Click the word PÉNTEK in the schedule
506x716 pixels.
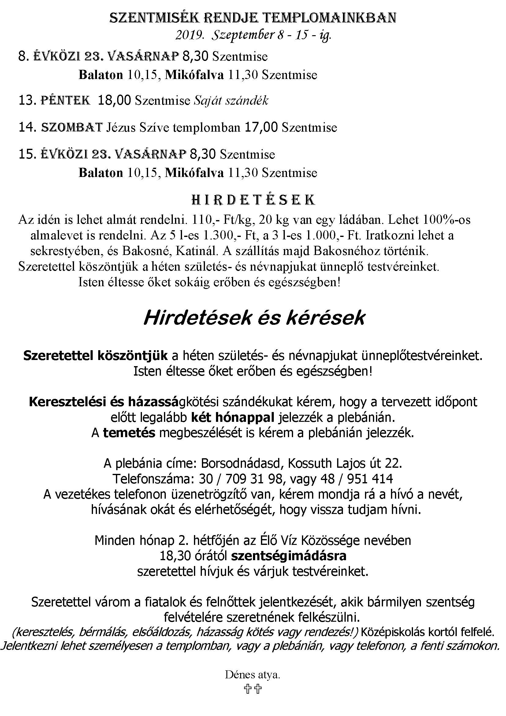point(65,101)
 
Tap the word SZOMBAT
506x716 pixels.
point(72,128)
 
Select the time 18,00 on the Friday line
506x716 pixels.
point(114,101)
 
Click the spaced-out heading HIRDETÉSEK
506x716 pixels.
point(253,200)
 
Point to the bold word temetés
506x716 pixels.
point(129,433)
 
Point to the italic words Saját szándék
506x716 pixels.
point(231,101)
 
